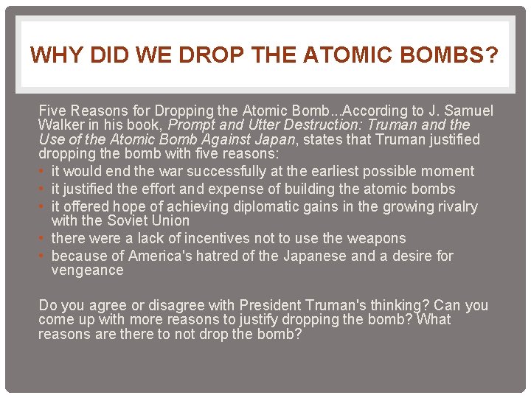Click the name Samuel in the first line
(468, 111)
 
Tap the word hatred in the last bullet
(228, 256)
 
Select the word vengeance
(87, 270)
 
